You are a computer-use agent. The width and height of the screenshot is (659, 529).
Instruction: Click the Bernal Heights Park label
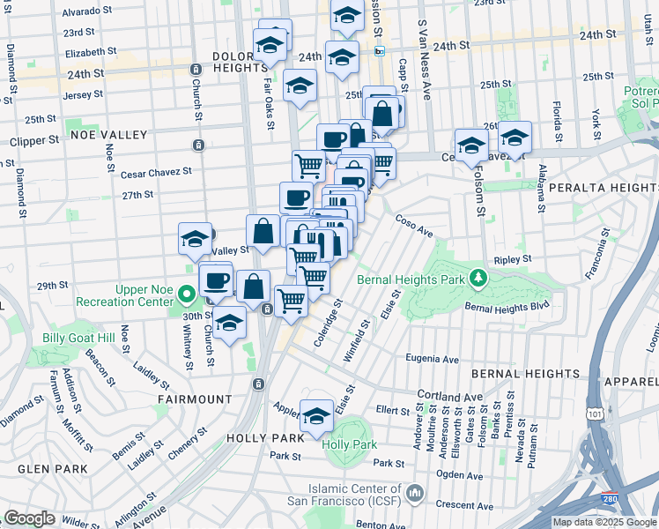point(411,280)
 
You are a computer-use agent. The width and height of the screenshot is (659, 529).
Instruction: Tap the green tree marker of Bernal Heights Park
point(478,279)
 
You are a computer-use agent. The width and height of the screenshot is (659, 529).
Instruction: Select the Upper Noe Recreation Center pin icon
point(186,294)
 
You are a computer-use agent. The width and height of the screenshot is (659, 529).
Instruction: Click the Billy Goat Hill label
point(78,338)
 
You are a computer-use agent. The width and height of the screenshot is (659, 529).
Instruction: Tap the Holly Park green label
point(349,444)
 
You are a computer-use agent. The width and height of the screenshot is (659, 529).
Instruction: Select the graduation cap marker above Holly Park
point(316,416)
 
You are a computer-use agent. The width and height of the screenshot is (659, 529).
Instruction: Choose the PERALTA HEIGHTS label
point(602,188)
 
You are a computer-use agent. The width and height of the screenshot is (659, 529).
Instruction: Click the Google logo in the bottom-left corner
point(29,518)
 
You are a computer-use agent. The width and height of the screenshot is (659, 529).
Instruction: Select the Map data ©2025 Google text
point(604,523)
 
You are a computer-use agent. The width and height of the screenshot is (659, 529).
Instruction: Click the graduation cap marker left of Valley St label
point(196,238)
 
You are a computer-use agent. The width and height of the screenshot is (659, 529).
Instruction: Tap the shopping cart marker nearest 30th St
point(292,300)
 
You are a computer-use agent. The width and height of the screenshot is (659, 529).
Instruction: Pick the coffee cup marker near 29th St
point(216,280)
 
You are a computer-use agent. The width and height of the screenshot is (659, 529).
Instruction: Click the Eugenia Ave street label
point(432,359)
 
